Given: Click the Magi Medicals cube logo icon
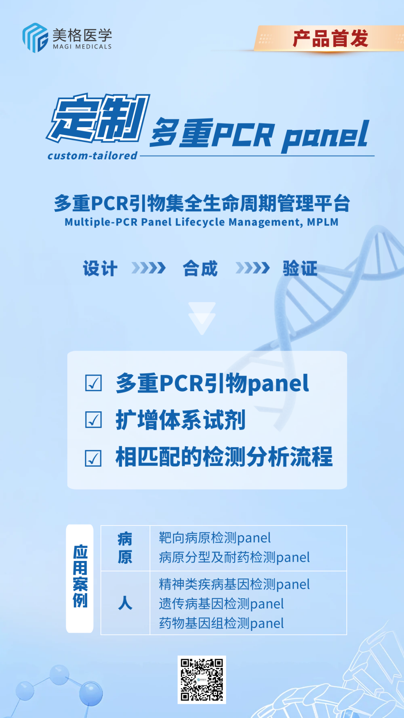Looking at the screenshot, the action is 35,38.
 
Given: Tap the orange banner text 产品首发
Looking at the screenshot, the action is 330,39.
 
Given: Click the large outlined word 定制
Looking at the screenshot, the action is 98,118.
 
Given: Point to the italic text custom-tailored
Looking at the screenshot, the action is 92,156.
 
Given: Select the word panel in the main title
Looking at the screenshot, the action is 325,135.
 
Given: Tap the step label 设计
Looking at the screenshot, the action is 100,269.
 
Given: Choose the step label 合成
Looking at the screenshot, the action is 200,269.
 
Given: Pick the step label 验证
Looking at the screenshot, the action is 300,269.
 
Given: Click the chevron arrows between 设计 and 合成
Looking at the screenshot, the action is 149,268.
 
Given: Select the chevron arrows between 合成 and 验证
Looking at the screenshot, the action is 252,268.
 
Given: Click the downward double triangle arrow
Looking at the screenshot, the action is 202,318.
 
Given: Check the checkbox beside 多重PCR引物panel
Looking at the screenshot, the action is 94,383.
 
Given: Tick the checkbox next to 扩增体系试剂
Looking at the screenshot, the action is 94,420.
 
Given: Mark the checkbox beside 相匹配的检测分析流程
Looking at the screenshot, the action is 94,458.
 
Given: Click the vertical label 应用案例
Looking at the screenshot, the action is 80,576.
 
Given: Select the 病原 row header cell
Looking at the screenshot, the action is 125,548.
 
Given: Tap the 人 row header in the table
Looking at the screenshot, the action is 125,603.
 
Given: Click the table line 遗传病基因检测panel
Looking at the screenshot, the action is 221,604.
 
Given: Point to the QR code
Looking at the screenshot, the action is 202,679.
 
